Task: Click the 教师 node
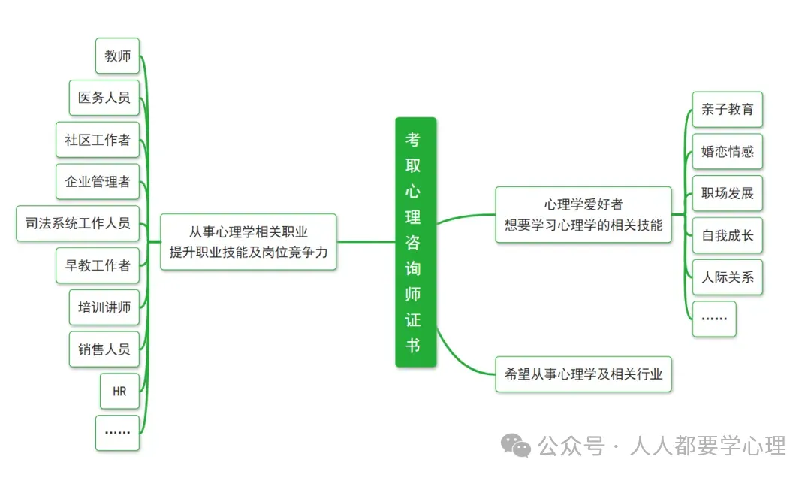118,56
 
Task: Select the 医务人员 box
104,98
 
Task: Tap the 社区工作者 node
98,140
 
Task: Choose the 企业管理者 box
98,181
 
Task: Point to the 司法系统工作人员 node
78,223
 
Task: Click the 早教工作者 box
98,265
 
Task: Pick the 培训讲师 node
104,307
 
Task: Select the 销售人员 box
104,349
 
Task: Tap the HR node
119,391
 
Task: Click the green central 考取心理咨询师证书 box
415,242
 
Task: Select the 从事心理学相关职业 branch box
249,242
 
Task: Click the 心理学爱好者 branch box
583,215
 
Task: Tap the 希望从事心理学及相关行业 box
583,374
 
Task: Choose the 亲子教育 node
727,110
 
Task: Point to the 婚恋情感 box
727,152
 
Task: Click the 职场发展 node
727,193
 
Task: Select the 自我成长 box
727,235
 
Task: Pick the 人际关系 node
727,277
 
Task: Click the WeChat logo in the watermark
516,446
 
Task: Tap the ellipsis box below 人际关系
713,319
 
